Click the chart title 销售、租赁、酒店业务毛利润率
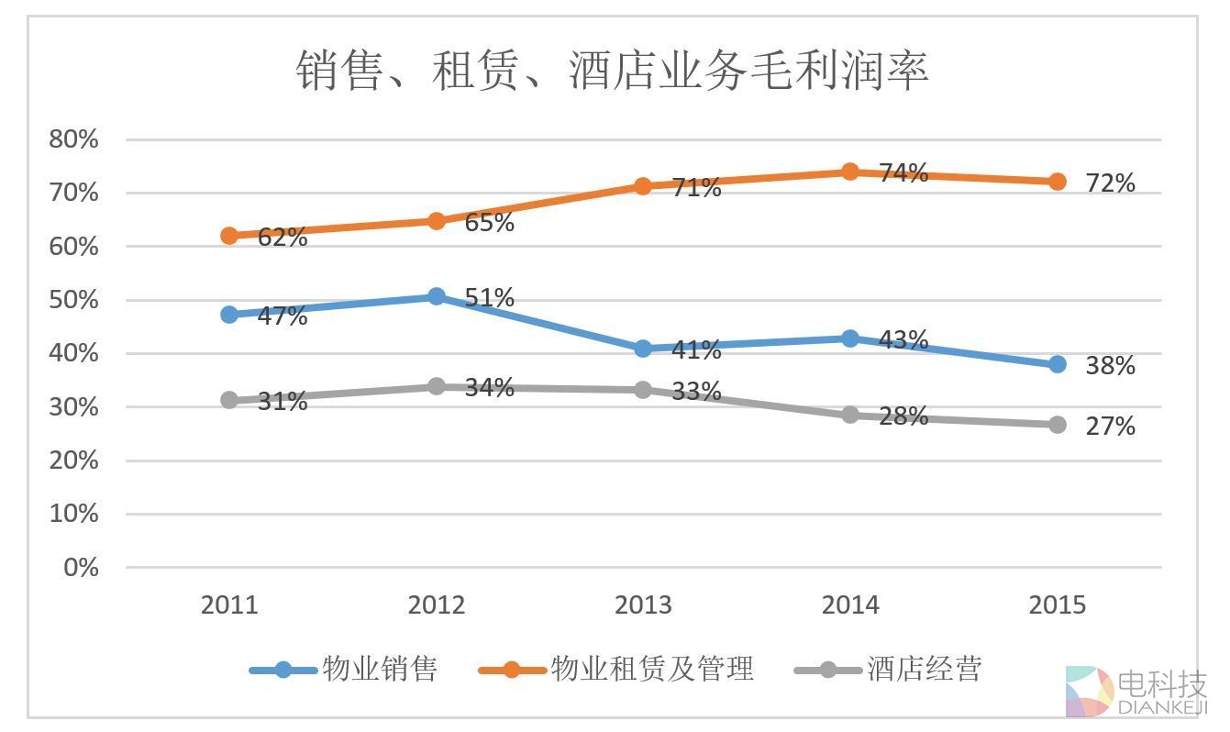612,70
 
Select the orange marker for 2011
229,236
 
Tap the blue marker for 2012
437,296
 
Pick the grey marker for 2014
850,415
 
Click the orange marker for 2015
1058,182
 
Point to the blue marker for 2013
643,349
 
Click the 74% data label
903,172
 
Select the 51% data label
489,297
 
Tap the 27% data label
1110,426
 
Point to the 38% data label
1110,365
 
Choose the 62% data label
282,237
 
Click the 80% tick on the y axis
73,139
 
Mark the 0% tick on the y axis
81,567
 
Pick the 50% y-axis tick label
73,300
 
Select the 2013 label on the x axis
643,605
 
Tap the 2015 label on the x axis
1058,605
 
